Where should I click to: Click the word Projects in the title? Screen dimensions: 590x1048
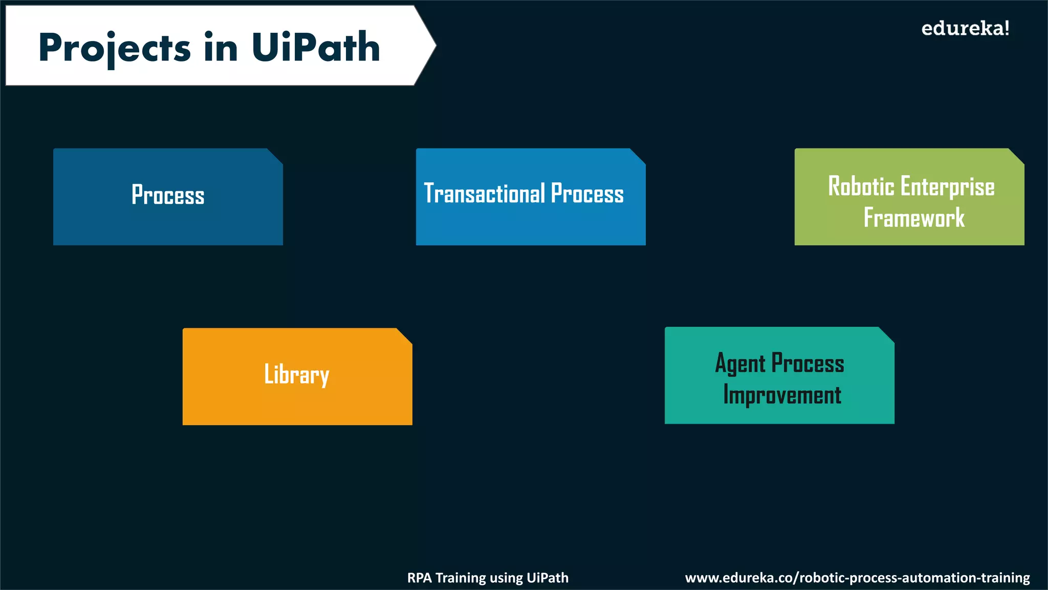pos(114,48)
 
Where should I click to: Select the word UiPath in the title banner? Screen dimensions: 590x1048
pos(316,47)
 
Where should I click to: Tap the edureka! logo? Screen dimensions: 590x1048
pos(965,28)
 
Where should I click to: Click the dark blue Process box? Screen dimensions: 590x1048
pos(168,197)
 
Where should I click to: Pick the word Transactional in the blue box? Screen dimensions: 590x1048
pos(485,194)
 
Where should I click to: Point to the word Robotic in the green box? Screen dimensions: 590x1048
pos(861,186)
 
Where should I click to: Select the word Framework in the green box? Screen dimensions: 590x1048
pos(914,218)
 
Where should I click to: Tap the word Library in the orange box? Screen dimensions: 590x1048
pos(297,374)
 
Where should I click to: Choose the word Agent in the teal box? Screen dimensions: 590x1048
pos(740,364)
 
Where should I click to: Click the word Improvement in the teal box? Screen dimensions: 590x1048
pos(782,395)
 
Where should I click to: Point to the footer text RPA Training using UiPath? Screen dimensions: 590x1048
pos(488,578)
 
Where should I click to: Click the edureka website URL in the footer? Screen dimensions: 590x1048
pos(857,578)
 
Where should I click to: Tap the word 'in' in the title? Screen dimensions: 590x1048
pos(221,48)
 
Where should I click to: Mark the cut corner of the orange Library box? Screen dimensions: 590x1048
pos(404,336)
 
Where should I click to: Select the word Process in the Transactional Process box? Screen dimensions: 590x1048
pos(587,194)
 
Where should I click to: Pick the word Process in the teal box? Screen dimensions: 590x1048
pos(807,364)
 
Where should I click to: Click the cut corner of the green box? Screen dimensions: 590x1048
pos(1016,156)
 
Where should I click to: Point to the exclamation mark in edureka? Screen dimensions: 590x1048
pos(1007,28)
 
